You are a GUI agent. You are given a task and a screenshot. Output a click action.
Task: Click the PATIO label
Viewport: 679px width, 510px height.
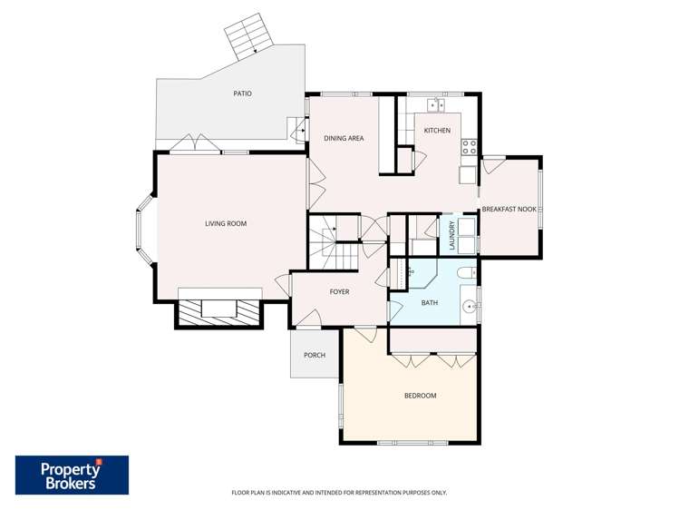click(241, 93)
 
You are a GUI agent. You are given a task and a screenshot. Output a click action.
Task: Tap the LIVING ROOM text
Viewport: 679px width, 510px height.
click(225, 224)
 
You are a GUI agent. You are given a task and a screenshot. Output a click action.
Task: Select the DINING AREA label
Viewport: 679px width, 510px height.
click(344, 138)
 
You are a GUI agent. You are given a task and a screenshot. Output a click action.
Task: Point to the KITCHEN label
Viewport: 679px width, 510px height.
click(437, 131)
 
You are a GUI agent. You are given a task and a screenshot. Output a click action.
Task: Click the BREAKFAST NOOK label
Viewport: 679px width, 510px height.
click(509, 210)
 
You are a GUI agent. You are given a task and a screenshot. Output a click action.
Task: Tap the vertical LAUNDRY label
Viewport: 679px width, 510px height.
click(451, 236)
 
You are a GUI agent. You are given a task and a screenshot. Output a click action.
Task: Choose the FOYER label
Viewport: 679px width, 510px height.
click(339, 291)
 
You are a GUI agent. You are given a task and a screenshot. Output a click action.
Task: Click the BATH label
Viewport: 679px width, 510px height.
click(430, 302)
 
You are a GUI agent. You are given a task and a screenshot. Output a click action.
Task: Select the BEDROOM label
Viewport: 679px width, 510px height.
click(420, 396)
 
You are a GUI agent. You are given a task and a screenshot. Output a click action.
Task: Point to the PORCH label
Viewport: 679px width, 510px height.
click(315, 355)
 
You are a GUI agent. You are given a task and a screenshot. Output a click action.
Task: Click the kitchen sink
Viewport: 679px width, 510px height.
click(436, 104)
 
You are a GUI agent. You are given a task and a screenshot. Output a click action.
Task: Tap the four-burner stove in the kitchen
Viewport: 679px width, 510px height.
click(469, 145)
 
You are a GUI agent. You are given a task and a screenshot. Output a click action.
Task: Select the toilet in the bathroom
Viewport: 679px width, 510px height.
click(465, 272)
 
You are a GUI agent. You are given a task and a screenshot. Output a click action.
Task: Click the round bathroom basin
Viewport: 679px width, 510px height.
click(469, 307)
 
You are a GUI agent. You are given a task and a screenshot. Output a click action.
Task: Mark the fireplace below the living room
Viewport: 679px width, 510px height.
click(218, 309)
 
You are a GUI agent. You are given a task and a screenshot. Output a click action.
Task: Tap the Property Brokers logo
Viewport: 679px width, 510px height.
click(72, 475)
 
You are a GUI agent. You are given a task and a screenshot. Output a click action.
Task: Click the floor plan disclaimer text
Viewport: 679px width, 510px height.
click(339, 493)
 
